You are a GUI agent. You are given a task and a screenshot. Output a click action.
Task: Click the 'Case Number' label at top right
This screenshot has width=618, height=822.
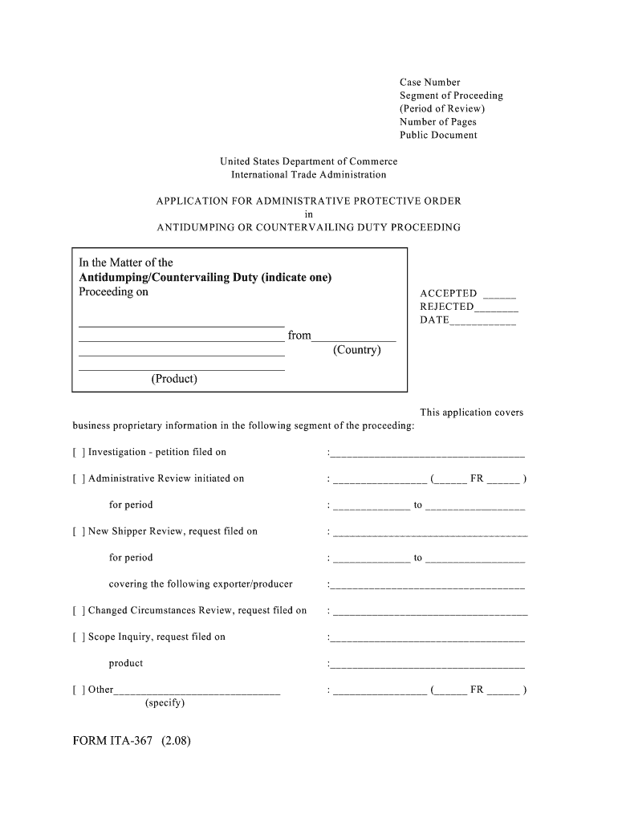tap(429, 82)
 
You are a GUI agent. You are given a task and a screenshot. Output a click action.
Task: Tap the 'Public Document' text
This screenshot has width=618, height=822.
tap(438, 135)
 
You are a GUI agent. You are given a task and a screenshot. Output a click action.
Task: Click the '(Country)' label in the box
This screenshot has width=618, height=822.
tap(356, 350)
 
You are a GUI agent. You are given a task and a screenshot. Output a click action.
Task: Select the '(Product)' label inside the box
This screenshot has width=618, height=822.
tap(173, 378)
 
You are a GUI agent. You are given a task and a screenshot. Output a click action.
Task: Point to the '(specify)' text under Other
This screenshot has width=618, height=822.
tap(165, 702)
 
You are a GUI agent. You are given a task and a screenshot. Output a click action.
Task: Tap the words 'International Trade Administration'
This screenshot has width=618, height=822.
tap(308, 174)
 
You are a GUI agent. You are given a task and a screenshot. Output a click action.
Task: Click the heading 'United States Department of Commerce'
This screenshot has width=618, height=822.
tap(308, 161)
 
